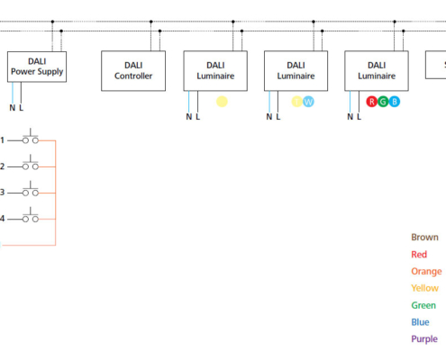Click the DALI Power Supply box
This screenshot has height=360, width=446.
point(37,67)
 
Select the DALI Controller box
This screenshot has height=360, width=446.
point(133,70)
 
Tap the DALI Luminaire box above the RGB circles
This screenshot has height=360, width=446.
point(376,70)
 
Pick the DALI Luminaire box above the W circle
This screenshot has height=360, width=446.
point(296,70)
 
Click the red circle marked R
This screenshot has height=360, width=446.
point(371,102)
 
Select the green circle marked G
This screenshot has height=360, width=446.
point(383,102)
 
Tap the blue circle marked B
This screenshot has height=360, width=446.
point(395,102)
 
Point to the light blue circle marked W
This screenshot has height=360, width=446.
point(308,102)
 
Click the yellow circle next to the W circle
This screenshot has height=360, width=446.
point(296,102)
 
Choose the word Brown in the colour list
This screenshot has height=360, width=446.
point(424,238)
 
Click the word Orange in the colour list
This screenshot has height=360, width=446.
point(426,272)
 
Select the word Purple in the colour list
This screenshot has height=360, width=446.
point(424,339)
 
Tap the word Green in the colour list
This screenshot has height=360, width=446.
point(423,306)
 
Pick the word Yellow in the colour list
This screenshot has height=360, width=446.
point(424,289)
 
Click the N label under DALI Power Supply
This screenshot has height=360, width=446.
point(12,108)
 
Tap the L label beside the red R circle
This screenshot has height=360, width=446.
point(360,116)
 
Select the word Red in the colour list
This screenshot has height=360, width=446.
point(419,255)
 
